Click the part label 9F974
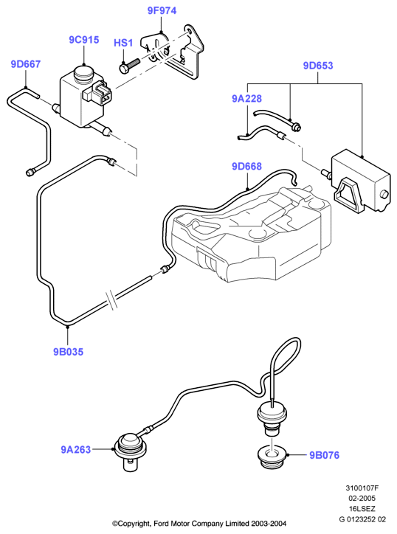[162, 10]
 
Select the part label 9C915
[84, 40]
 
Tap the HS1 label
[123, 43]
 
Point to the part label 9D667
[26, 64]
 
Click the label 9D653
[318, 66]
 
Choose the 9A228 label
[246, 98]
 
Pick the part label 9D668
[246, 166]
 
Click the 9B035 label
[68, 352]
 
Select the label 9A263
[76, 449]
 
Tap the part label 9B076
[325, 455]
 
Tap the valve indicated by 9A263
[128, 451]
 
